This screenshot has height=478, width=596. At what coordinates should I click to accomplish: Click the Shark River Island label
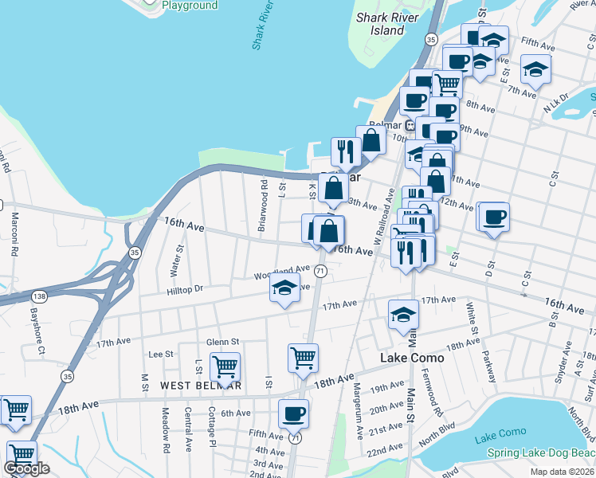click(382, 24)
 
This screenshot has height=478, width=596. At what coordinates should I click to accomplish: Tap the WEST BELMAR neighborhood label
click(200, 386)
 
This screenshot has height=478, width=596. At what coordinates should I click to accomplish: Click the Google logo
click(27, 468)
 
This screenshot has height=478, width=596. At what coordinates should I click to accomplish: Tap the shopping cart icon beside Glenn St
click(225, 367)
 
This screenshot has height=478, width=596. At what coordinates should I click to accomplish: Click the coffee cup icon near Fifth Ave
click(293, 413)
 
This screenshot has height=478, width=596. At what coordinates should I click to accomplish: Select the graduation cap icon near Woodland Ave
click(284, 291)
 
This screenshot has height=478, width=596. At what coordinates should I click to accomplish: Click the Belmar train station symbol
click(410, 125)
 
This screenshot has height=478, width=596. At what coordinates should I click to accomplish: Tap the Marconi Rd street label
click(14, 233)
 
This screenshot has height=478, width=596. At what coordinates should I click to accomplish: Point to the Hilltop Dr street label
click(186, 289)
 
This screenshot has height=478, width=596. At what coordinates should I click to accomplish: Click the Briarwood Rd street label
click(262, 206)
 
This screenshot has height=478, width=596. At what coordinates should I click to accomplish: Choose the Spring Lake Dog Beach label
click(541, 453)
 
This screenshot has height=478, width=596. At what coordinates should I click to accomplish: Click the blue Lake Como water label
click(500, 432)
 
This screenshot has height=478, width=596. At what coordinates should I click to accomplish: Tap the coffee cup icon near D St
click(493, 217)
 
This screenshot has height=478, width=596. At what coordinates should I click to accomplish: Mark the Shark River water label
click(263, 25)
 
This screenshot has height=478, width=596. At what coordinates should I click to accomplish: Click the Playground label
click(189, 6)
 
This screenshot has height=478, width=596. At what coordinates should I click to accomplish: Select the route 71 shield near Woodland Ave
click(320, 272)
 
